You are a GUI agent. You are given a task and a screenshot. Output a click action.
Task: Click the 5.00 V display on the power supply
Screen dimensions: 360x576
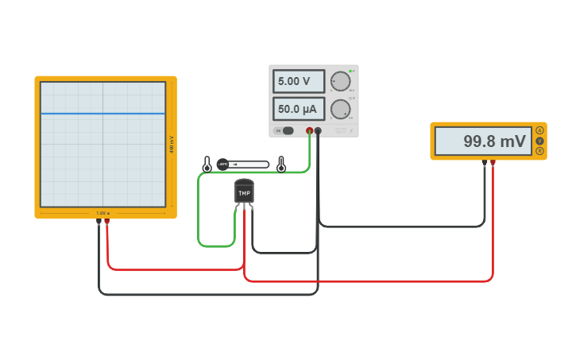[299, 81]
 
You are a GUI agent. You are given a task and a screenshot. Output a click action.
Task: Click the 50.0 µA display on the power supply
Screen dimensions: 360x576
[299, 109]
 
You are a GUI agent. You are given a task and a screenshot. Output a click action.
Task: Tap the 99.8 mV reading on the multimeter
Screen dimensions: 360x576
[483, 141]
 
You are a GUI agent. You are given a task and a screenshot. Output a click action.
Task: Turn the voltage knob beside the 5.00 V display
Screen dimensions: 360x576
[340, 81]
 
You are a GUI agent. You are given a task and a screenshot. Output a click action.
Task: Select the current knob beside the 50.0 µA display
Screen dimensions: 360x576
[340, 109]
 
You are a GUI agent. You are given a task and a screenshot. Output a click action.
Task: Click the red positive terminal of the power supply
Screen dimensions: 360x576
[309, 131]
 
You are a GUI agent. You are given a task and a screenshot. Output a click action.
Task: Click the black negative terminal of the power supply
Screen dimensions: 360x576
[318, 131]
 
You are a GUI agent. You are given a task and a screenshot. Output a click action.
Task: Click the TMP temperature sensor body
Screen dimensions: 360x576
[244, 192]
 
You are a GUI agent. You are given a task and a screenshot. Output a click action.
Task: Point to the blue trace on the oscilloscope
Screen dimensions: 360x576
[102, 114]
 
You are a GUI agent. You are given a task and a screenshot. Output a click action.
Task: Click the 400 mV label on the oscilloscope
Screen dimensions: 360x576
[172, 145]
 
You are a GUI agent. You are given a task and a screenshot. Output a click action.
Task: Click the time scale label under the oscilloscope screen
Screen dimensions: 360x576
[102, 213]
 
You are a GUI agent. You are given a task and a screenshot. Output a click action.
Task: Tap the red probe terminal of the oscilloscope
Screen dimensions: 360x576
[107, 222]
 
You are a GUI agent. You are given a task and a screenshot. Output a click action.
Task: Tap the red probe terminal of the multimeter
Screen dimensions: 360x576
[493, 163]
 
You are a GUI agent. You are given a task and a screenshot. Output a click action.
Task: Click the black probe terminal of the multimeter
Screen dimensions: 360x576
[485, 163]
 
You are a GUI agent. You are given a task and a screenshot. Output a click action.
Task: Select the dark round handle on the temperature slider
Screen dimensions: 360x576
[222, 165]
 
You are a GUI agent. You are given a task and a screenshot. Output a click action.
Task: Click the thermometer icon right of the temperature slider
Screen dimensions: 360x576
[280, 165]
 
